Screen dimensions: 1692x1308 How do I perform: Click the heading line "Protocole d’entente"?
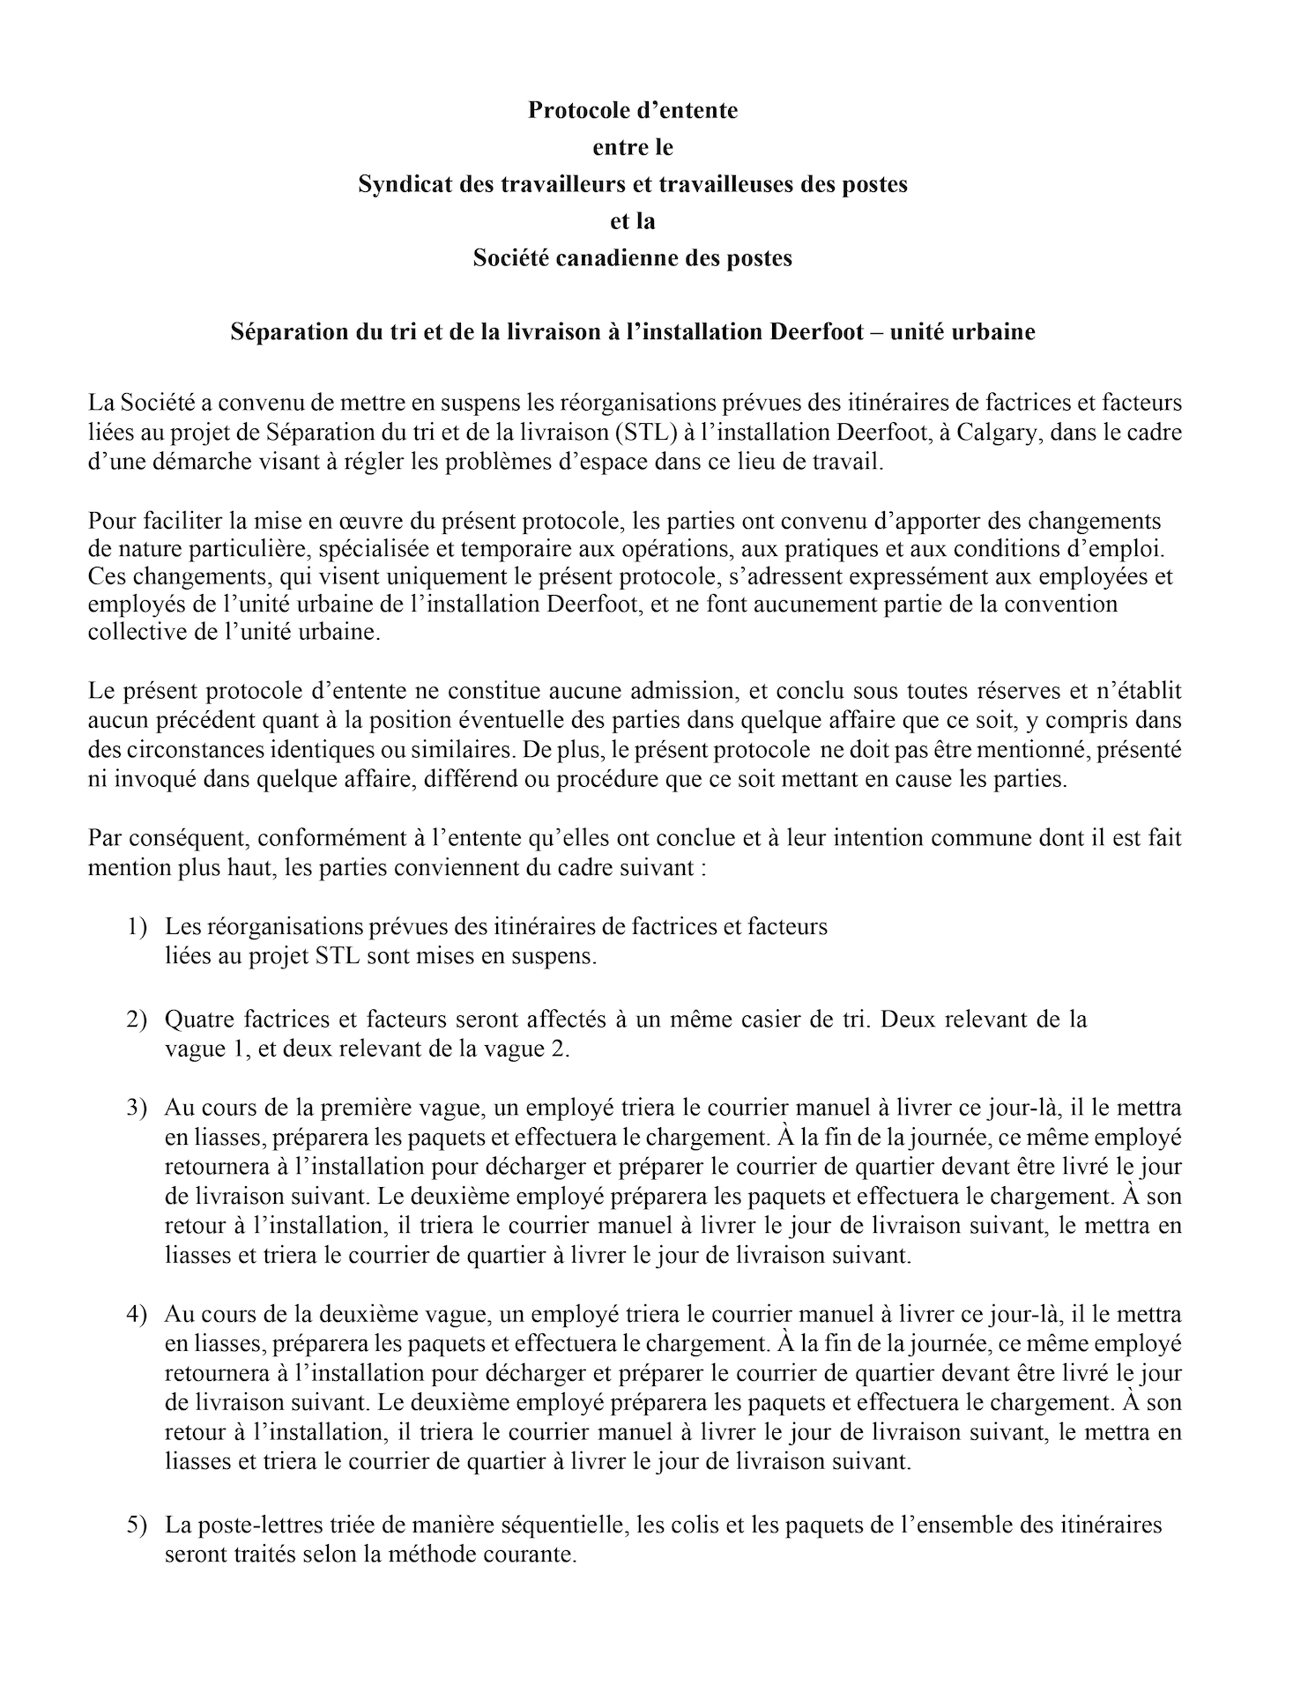click(632, 110)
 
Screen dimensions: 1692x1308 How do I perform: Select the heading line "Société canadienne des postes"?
click(632, 258)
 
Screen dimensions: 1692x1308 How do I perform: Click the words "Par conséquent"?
click(168, 838)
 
